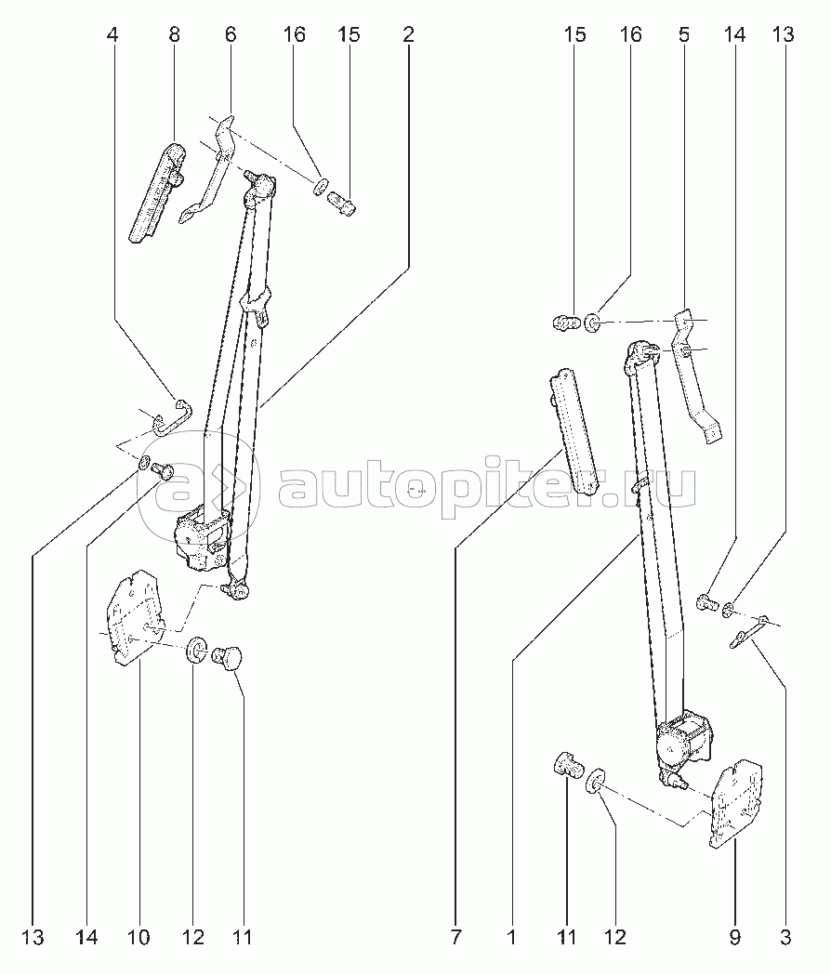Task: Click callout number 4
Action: point(113,36)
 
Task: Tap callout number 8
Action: point(174,36)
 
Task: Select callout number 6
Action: point(231,36)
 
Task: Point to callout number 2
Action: point(408,36)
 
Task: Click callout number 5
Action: point(684,36)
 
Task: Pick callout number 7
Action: point(455,937)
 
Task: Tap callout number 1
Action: point(512,937)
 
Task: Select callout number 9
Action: point(734,937)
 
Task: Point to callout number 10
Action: point(138,937)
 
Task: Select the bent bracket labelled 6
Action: point(216,167)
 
